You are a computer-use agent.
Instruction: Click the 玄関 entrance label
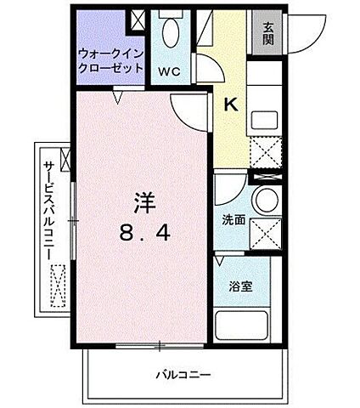(267, 32)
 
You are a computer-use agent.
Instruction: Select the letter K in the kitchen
(229, 105)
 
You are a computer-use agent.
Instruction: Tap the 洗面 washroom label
(233, 219)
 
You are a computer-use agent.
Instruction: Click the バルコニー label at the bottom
(183, 375)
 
